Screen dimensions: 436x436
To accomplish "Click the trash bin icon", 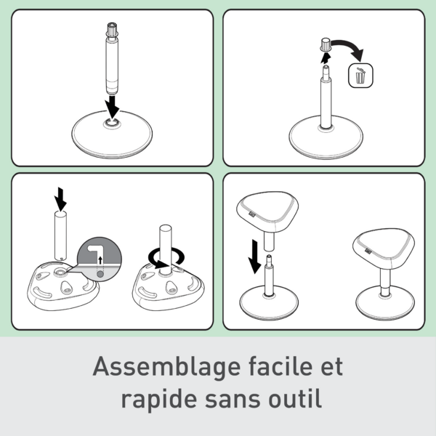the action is (x=360, y=76).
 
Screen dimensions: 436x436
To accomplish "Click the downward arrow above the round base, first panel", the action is (x=112, y=107).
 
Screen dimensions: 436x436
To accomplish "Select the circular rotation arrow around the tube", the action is (x=166, y=257).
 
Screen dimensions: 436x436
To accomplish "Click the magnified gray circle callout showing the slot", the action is (x=100, y=259).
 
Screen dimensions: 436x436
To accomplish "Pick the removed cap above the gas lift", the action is (x=325, y=45).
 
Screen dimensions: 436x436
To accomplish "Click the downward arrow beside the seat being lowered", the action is (x=254, y=257).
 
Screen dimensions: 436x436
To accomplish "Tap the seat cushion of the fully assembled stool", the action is (x=384, y=248).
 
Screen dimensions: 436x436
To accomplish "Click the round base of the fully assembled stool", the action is (x=385, y=304).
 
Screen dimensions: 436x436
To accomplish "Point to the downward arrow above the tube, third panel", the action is (x=60, y=199).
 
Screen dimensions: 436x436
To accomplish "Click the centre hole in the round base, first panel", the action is (x=112, y=122).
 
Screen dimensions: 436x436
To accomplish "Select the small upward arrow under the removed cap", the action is (x=326, y=58).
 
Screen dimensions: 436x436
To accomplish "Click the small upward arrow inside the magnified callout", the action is (x=100, y=261).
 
